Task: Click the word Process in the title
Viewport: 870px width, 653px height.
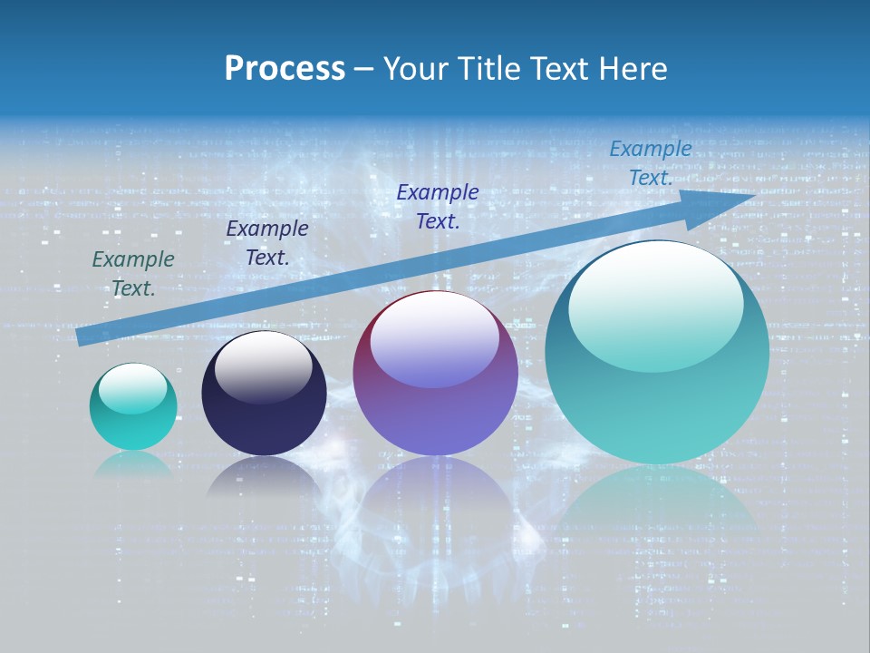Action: click(285, 69)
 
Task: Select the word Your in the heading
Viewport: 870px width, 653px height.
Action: click(415, 69)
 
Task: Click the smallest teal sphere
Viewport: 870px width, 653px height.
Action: click(133, 406)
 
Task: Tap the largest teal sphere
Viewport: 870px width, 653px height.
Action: click(657, 352)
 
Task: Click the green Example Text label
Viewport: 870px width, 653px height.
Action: click(133, 274)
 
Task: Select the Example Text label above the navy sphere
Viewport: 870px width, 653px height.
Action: click(266, 243)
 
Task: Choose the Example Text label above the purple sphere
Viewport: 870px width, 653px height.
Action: click(438, 207)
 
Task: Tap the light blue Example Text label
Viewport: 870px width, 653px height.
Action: click(650, 163)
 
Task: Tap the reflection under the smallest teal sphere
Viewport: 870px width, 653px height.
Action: click(133, 465)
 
